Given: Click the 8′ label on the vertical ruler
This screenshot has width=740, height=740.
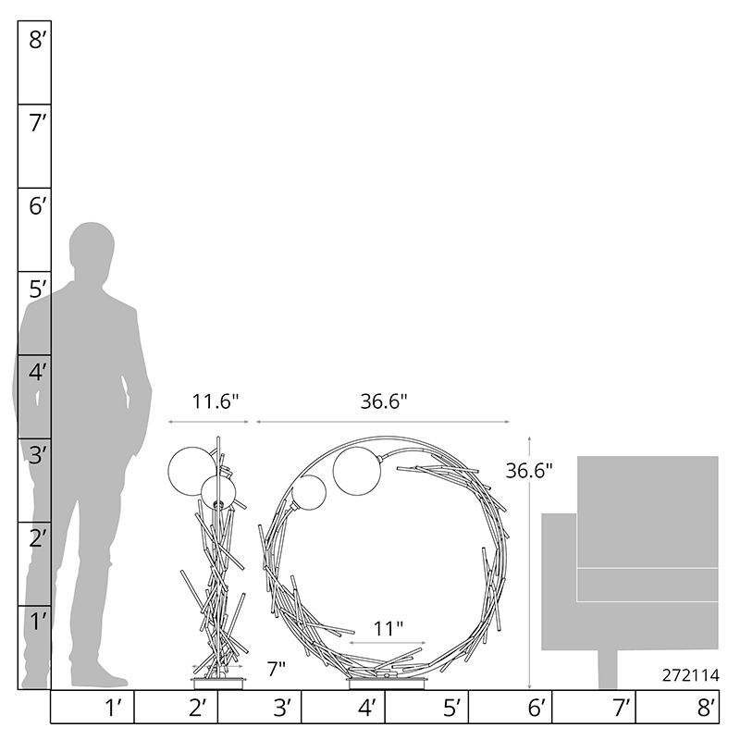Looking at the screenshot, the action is pyautogui.click(x=37, y=40).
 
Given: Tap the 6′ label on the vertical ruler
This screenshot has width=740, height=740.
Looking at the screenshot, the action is pyautogui.click(x=38, y=206).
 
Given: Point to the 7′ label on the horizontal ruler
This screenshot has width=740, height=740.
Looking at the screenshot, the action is pyautogui.click(x=621, y=708).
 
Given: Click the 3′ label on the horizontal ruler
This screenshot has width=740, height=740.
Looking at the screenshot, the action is pyautogui.click(x=282, y=708).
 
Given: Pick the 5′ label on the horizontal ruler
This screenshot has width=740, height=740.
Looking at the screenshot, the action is pyautogui.click(x=451, y=708).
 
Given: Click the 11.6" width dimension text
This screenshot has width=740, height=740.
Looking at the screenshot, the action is pyautogui.click(x=216, y=401).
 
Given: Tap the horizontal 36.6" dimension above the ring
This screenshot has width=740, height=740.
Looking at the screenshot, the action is pyautogui.click(x=384, y=401).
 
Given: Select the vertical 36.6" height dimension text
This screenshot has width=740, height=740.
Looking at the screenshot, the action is pyautogui.click(x=528, y=471).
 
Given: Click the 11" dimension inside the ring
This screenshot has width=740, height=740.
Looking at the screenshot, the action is pyautogui.click(x=388, y=629).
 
